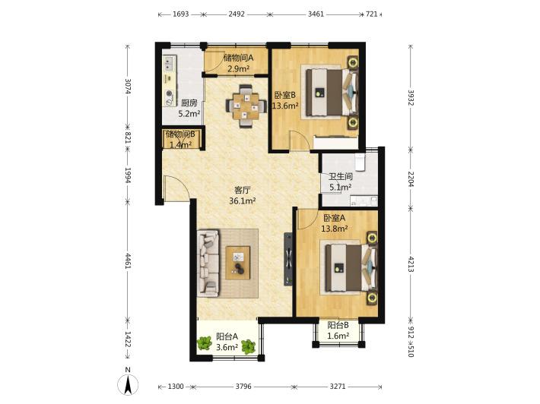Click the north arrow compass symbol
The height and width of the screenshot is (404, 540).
coord(128,383)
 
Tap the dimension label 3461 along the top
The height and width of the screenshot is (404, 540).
coord(316,14)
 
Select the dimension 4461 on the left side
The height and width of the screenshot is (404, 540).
coord(128,261)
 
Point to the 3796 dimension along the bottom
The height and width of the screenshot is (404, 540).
coord(243,387)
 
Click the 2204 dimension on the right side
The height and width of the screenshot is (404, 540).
coord(411,178)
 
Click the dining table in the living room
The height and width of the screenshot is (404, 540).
coord(246,106)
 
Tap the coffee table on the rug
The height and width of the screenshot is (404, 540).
coord(238,263)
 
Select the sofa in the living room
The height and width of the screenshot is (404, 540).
coord(208,264)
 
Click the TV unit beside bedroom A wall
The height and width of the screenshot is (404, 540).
coord(288,259)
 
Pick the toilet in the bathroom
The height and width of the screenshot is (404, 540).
coord(360,163)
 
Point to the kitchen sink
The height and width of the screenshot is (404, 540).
coord(169,63)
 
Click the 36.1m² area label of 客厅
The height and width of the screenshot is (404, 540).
coord(243,200)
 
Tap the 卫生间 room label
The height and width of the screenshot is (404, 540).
coord(340,177)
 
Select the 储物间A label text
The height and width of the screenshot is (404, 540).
coord(238,58)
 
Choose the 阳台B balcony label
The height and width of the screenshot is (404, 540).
coord(338,325)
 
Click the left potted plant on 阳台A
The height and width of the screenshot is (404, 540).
coord(205,343)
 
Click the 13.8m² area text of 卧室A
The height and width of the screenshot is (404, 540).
coord(335,229)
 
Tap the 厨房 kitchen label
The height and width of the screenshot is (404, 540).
coord(189,103)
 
